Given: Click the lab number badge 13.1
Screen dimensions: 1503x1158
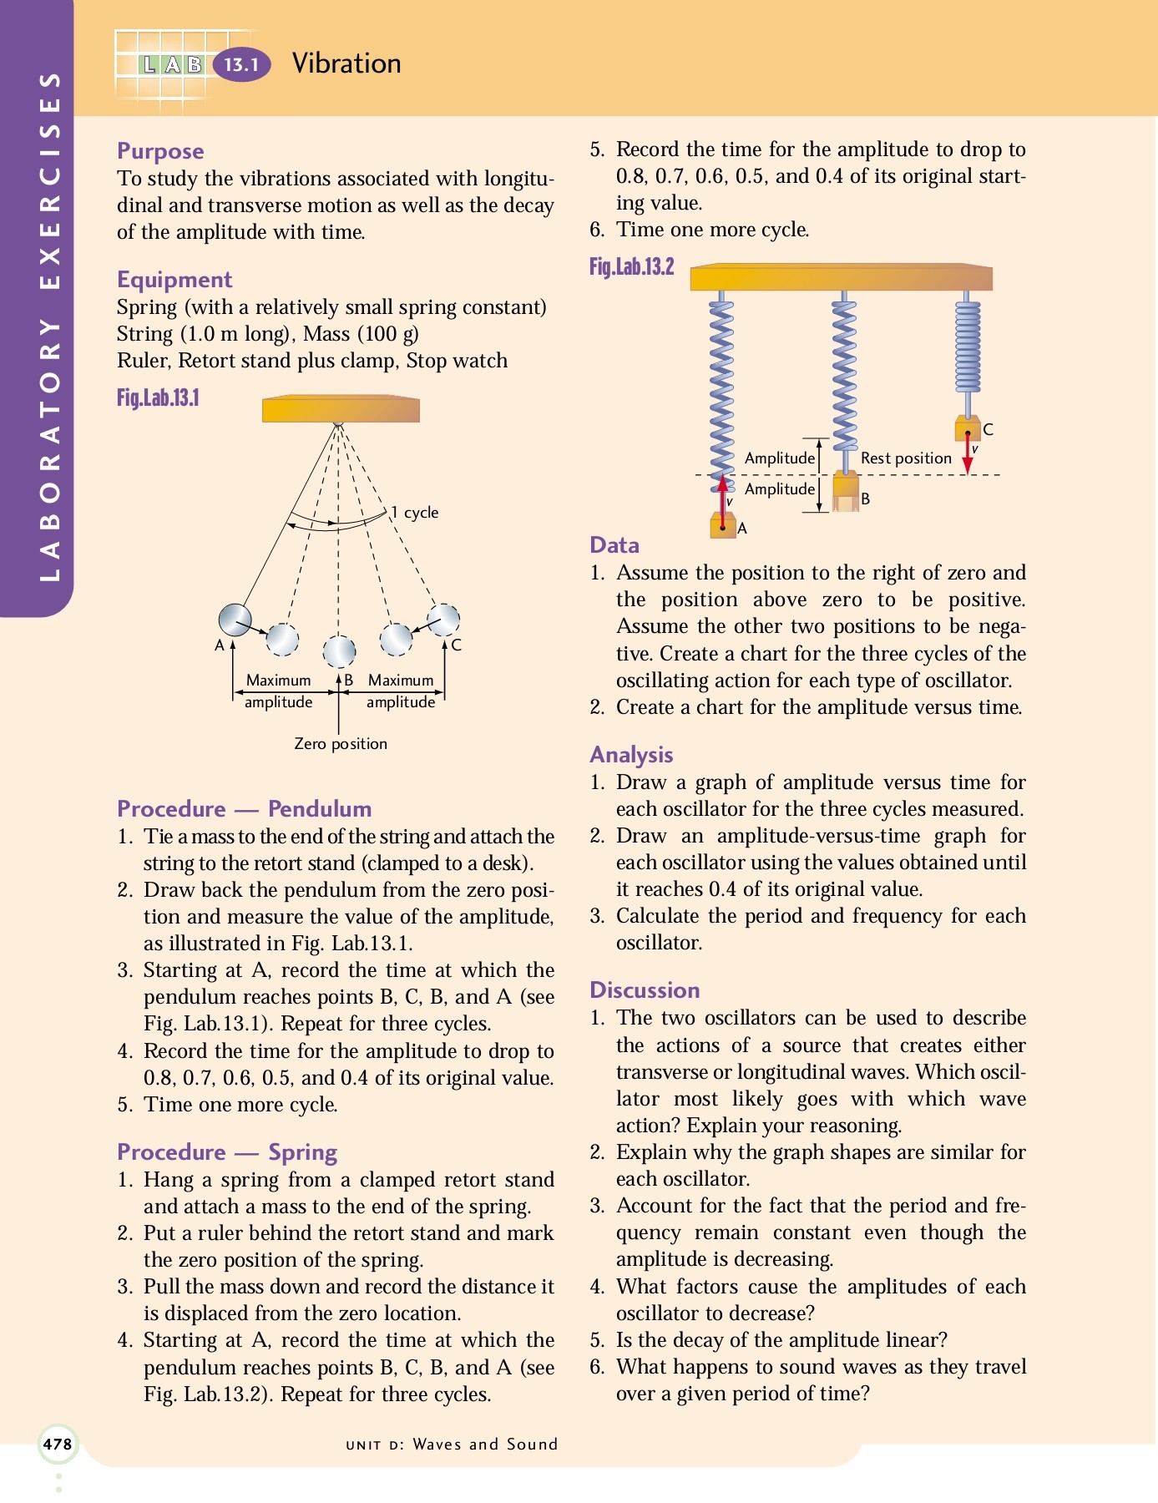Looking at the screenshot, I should pos(242,64).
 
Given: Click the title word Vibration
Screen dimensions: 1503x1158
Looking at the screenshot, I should pos(346,63).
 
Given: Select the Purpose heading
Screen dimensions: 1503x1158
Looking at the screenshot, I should pos(160,151).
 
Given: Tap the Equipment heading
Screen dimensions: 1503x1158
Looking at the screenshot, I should pos(174,280).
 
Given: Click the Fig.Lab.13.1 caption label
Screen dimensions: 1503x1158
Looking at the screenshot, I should pos(158,397).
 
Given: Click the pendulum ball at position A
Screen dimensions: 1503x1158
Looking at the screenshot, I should pos(235,620).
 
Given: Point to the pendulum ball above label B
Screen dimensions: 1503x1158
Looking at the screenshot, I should pos(339,651).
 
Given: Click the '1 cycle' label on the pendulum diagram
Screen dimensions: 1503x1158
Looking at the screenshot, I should pos(415,513).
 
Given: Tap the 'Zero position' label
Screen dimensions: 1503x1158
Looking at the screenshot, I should pos(341,743).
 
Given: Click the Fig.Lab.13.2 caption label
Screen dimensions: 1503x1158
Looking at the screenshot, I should pos(631,267).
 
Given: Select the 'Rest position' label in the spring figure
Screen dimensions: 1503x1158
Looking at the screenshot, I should pos(906,458).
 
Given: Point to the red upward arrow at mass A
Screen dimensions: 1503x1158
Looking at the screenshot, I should pos(723,501).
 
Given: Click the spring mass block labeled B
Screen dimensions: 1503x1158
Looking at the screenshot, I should pos(846,491).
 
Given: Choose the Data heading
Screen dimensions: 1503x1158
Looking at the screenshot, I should pos(614,545).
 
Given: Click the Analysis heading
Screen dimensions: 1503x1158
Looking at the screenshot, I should pos(631,755).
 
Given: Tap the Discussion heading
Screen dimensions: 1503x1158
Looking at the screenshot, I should pos(645,990).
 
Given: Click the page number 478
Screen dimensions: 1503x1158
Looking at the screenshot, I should pos(58,1444).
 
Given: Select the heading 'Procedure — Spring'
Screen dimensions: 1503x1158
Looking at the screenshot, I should pos(227,1152).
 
